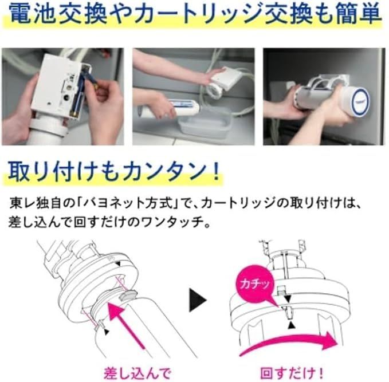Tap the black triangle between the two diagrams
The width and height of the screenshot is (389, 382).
point(197,300)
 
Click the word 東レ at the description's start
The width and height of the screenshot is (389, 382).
point(21,203)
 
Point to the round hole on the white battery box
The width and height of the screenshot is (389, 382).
point(66,97)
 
